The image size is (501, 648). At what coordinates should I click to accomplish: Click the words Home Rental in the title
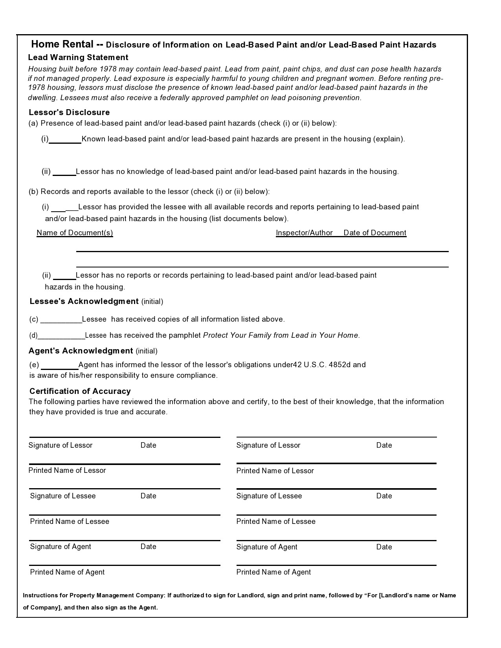tap(62, 44)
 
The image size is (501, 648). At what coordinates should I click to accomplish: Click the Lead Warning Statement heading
tap(78, 57)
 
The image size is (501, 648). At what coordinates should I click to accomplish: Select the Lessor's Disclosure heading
tap(69, 112)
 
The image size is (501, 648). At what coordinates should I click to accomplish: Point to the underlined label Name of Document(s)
tap(75, 232)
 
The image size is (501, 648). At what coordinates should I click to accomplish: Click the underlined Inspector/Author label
tap(304, 232)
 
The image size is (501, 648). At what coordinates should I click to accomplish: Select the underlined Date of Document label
tap(374, 232)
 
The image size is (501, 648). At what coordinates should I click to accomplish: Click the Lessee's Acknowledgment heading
tap(84, 301)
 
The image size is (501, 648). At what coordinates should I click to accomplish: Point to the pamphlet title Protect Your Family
tap(281, 335)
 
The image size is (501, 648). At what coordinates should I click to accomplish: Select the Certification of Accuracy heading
tap(80, 391)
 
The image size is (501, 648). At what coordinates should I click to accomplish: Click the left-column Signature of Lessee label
tap(63, 496)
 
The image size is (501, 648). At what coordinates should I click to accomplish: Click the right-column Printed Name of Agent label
tap(273, 572)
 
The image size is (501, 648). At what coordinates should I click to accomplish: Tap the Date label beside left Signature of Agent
tap(148, 546)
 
